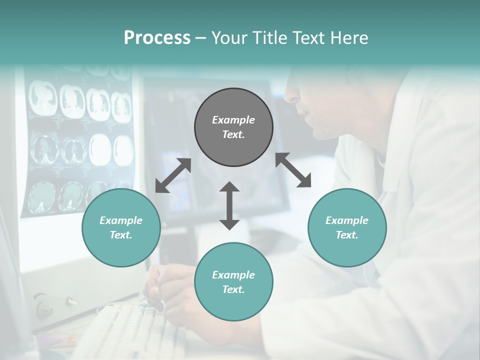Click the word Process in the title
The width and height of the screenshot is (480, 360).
pyautogui.click(x=157, y=38)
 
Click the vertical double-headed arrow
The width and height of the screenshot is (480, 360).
pyautogui.click(x=229, y=205)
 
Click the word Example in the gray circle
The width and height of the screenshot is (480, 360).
pyautogui.click(x=233, y=120)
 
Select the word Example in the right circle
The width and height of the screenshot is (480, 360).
pyautogui.click(x=347, y=220)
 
